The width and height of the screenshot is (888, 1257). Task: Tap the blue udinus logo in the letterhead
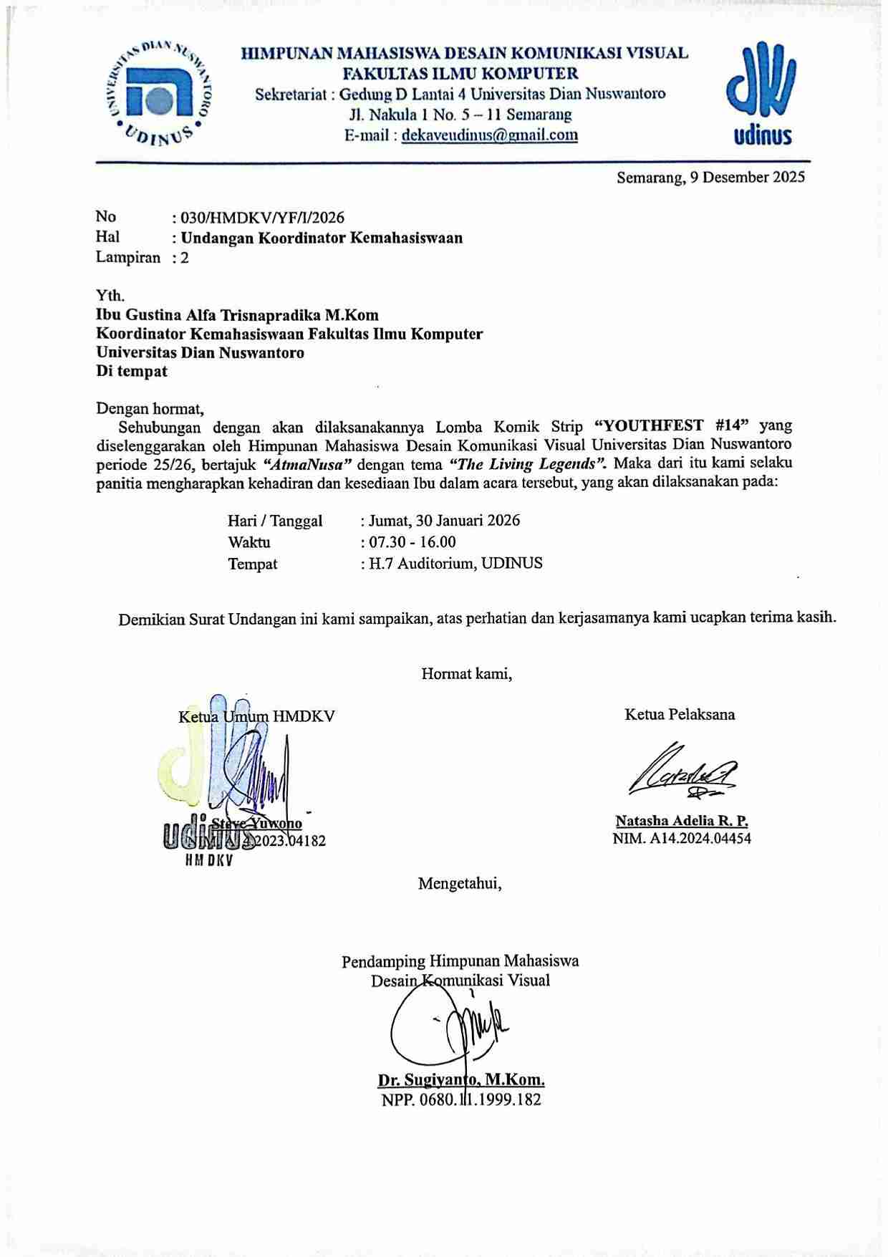pos(761,93)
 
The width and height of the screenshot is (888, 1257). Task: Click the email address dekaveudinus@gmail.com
pos(490,135)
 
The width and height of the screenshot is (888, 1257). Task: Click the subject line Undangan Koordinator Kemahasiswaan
pos(322,238)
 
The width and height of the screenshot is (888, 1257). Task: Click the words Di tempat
pos(132,371)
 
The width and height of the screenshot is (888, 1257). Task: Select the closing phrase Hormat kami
pos(466,674)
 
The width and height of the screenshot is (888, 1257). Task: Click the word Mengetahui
pos(460,884)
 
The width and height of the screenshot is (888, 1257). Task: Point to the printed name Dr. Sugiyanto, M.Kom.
pos(461,1080)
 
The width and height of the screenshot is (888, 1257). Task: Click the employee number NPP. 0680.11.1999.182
pos(461,1099)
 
